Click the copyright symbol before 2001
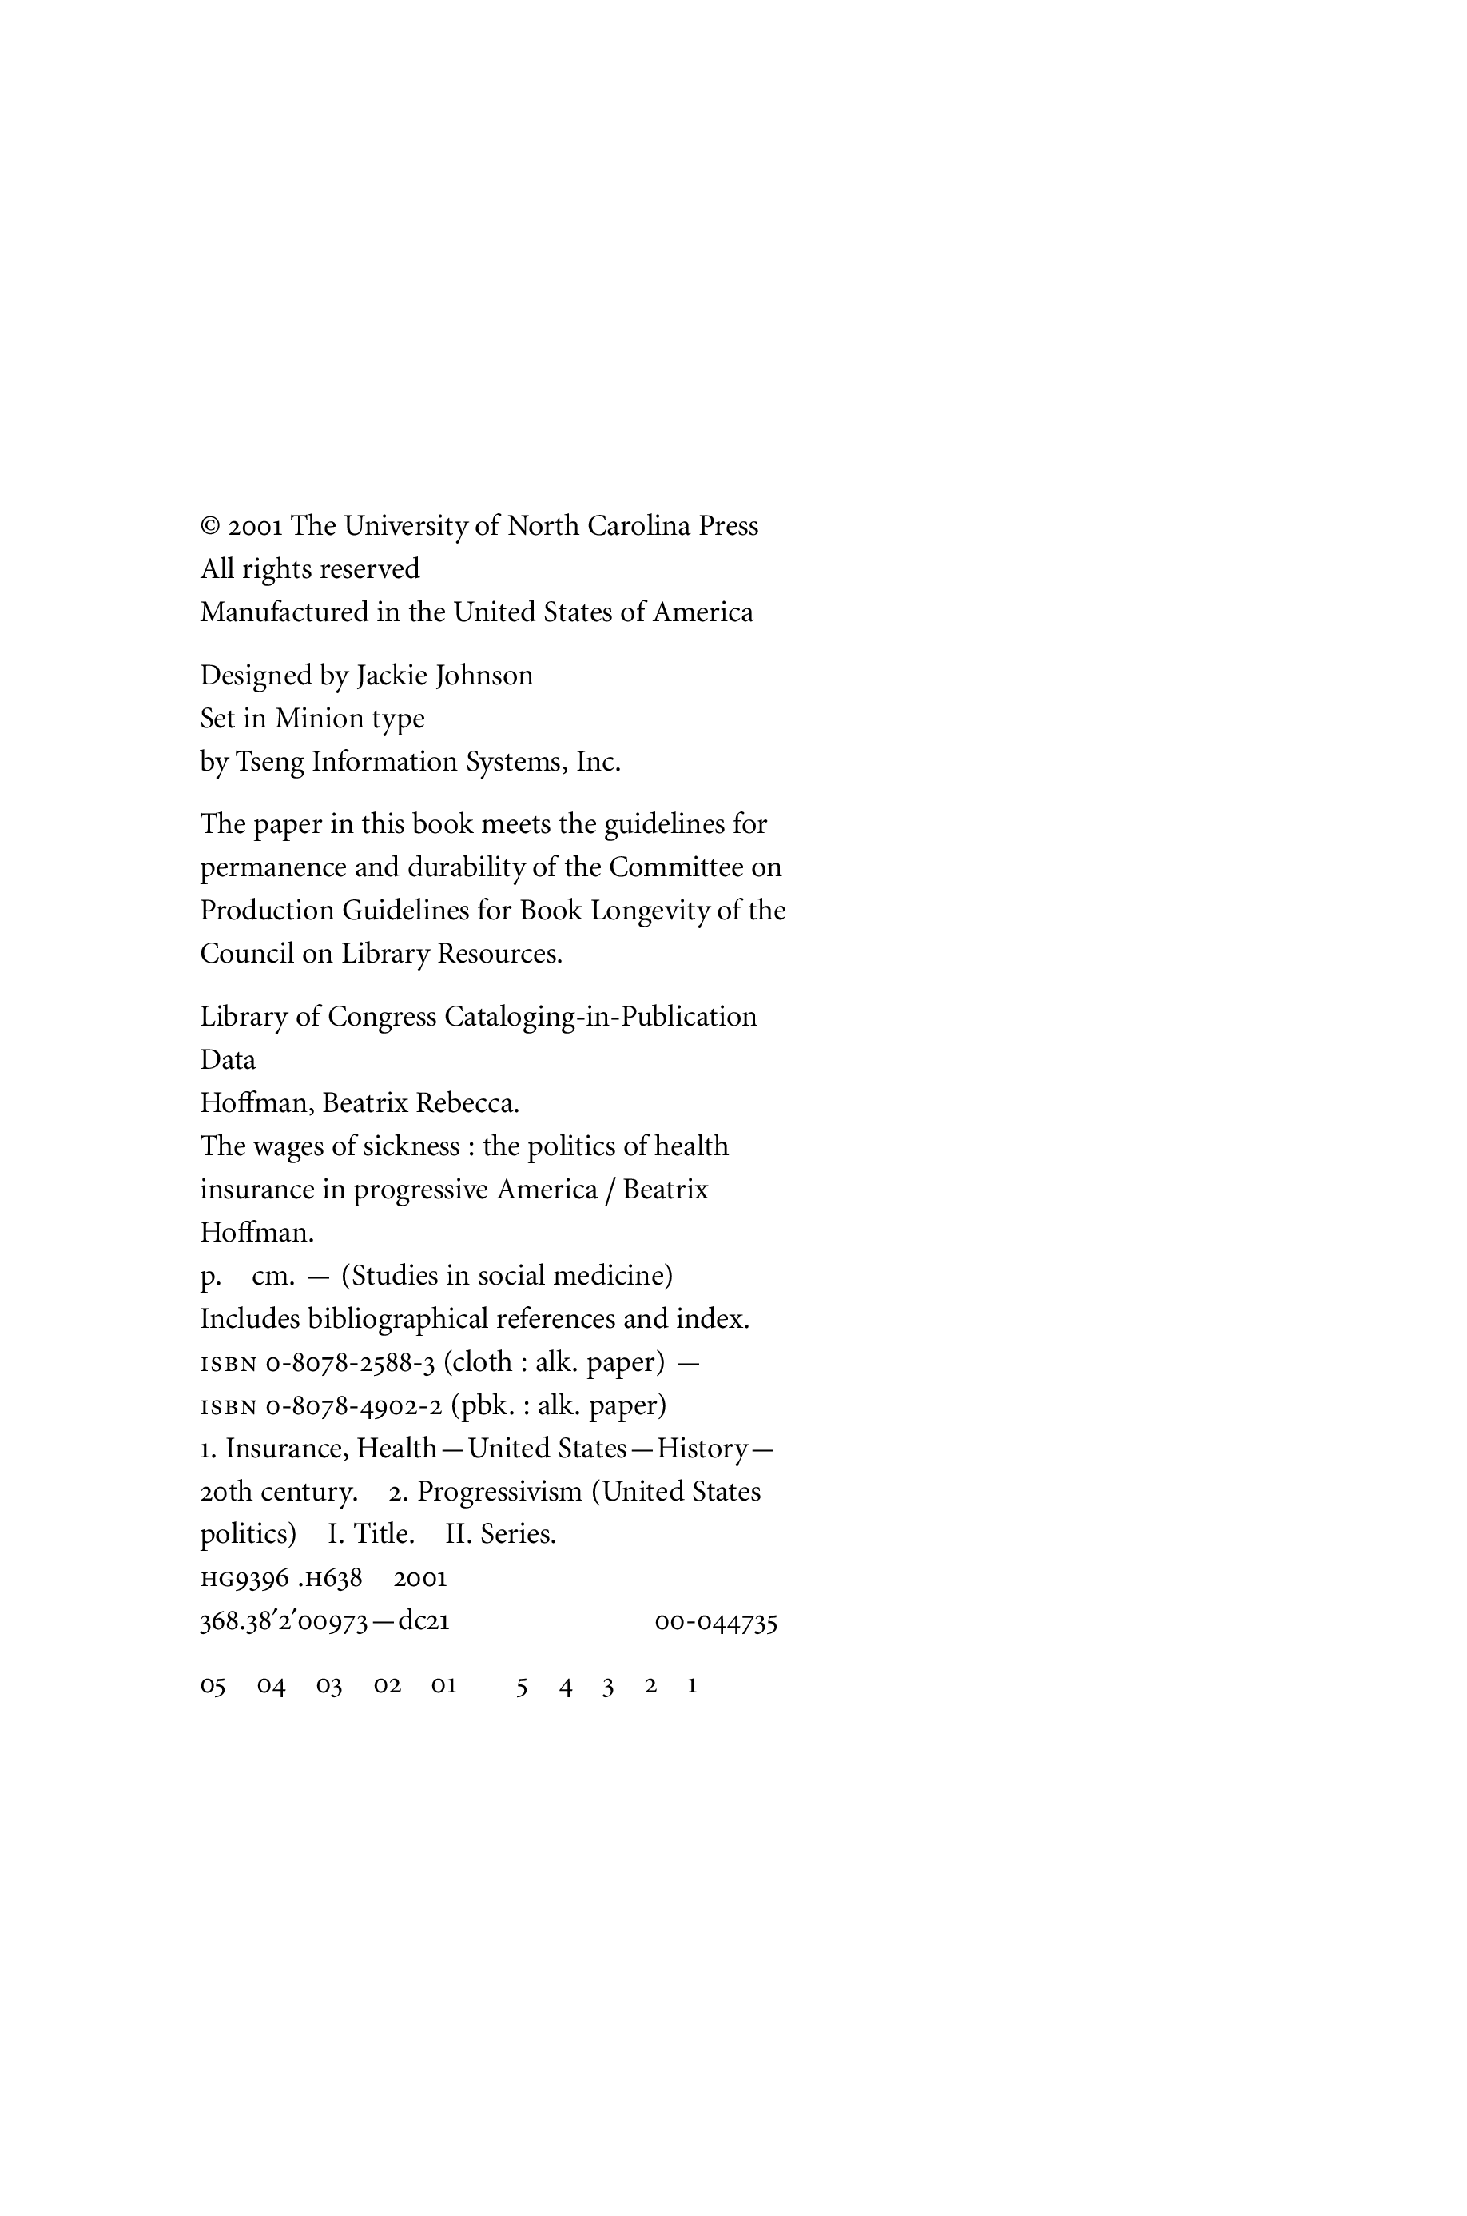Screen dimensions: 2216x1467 pos(209,527)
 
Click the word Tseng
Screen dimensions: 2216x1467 pos(269,763)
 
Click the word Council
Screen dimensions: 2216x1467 pos(247,954)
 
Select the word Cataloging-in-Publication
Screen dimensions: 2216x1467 pos(601,1017)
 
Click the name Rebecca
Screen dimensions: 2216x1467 pos(467,1104)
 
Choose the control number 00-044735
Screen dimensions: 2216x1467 pos(716,1623)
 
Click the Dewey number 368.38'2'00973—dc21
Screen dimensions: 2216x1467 pos(324,1623)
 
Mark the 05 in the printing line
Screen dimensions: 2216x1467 pos(213,1686)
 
